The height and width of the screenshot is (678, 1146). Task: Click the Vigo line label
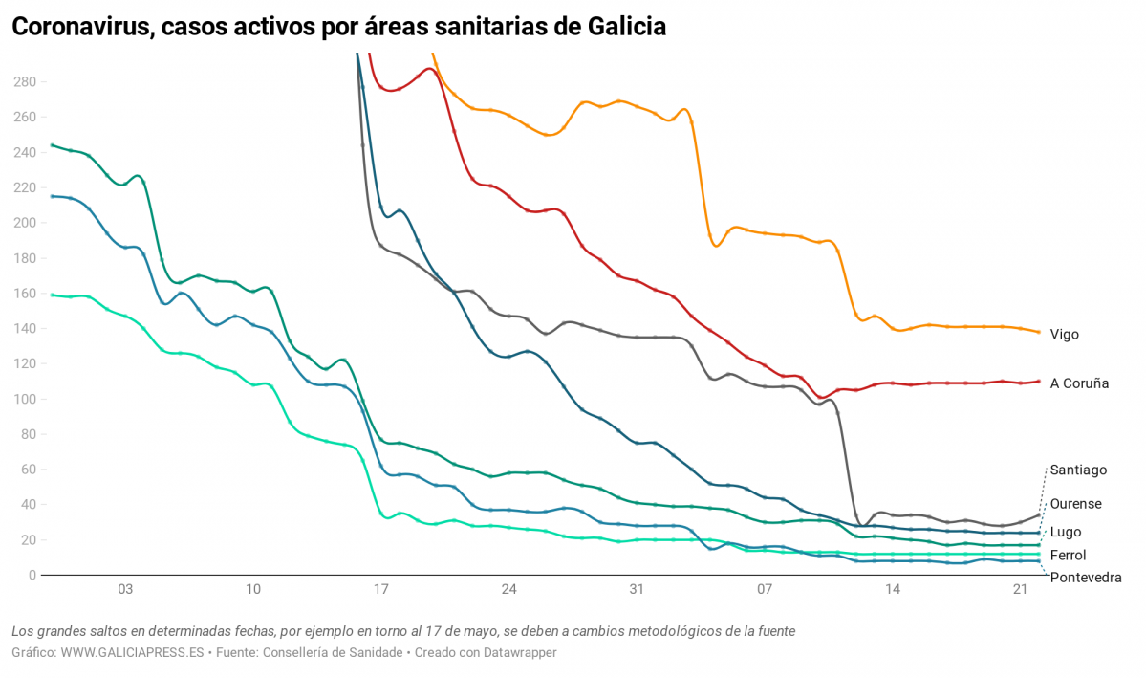coord(1064,335)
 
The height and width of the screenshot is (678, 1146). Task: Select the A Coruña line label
coord(1079,383)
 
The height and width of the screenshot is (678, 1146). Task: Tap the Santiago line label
coord(1078,470)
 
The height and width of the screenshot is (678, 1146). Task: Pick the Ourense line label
coord(1075,504)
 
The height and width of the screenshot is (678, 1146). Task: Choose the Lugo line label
coord(1066,532)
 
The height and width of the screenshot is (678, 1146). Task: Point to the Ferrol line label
coord(1068,555)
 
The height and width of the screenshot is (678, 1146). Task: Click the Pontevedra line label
coord(1085,578)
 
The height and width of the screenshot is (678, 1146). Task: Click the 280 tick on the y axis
coord(24,82)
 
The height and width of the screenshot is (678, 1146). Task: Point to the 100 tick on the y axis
coord(24,399)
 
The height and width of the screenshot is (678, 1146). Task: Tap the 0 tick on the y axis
coord(32,576)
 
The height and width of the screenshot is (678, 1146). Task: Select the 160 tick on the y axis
coord(24,294)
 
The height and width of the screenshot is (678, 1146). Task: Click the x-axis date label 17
coord(381,590)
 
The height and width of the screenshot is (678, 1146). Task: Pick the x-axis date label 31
coord(637,590)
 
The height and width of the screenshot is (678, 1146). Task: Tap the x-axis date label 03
coord(125,590)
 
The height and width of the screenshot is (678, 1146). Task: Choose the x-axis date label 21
coord(1020,590)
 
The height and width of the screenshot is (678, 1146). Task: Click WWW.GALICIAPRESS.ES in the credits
coord(133,652)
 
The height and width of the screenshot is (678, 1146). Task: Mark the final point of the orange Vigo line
coord(1039,332)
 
